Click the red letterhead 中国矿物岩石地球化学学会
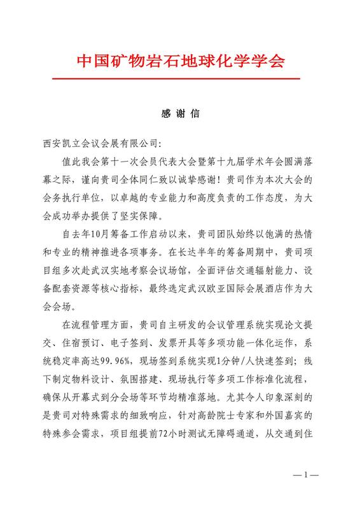tap(181, 62)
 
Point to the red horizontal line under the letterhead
tap(181, 78)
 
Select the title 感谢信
tap(181, 115)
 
